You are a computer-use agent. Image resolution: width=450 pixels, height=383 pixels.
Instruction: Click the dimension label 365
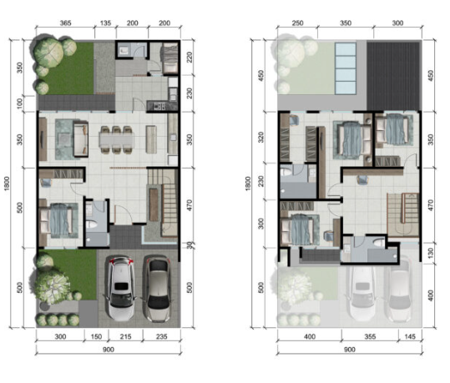click(x=65, y=23)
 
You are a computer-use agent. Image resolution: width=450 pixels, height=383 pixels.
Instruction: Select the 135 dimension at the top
click(x=105, y=23)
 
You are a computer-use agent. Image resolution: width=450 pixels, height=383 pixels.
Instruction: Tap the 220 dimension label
click(x=190, y=58)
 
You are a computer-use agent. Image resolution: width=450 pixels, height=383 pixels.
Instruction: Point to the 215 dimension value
click(x=125, y=336)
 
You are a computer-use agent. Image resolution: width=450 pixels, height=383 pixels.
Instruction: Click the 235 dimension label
click(x=162, y=336)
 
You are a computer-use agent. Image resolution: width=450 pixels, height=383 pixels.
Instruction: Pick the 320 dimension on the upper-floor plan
click(x=260, y=138)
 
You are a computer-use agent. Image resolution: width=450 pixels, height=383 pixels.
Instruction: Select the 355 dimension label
click(x=370, y=336)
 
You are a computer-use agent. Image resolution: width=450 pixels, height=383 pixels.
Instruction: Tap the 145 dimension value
click(x=410, y=336)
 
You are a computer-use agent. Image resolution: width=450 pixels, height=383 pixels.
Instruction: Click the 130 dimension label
click(x=431, y=253)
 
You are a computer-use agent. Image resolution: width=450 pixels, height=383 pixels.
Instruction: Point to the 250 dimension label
click(x=297, y=23)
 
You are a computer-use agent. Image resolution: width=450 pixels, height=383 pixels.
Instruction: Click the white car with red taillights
click(x=121, y=288)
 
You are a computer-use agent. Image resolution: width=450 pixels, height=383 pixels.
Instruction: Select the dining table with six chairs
click(x=116, y=140)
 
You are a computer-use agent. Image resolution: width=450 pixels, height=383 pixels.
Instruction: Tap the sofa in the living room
click(x=80, y=139)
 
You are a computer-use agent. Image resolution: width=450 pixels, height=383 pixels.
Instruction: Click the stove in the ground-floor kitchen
click(x=159, y=106)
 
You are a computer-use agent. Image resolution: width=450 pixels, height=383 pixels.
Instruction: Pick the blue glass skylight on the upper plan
click(x=346, y=68)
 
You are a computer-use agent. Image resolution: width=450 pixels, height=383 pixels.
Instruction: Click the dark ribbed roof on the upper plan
click(x=392, y=76)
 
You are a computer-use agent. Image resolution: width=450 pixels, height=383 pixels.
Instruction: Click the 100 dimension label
click(x=19, y=103)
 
